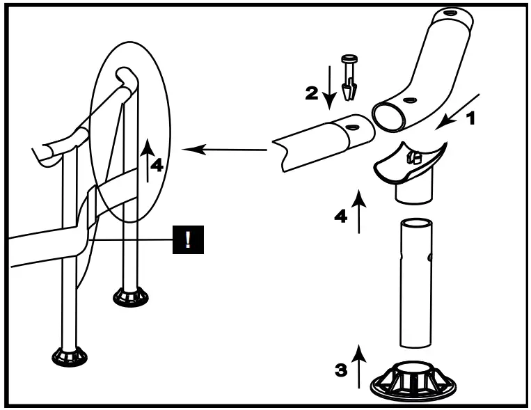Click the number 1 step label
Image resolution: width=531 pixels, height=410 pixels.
(470, 118)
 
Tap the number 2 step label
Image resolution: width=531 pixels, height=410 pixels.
(312, 94)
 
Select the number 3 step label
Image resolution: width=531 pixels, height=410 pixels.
(341, 369)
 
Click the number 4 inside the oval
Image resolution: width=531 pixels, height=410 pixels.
(158, 165)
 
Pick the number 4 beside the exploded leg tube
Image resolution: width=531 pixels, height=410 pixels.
(340, 216)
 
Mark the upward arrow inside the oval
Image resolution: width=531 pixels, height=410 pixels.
(147, 160)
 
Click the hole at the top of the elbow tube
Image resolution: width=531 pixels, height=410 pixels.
(445, 14)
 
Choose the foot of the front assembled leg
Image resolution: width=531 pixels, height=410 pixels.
(70, 357)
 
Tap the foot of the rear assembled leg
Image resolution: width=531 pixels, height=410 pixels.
(130, 297)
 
